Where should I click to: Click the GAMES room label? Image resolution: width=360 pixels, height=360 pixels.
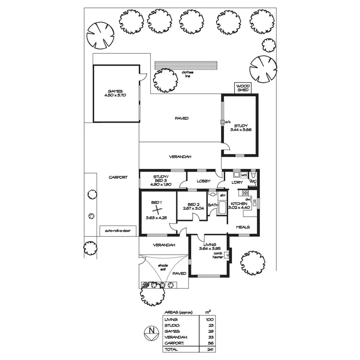115,91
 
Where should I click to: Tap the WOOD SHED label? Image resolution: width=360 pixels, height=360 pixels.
243,88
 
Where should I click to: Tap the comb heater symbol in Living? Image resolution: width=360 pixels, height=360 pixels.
228,255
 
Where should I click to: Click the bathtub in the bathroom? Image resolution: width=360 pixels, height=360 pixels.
223,207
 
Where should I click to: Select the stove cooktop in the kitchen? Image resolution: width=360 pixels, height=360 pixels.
245,193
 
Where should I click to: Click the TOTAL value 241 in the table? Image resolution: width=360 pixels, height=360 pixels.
209,350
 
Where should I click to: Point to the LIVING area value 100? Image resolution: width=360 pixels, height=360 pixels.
209,320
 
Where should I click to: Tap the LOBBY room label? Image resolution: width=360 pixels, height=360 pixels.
203,181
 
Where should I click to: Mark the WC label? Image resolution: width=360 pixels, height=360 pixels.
253,181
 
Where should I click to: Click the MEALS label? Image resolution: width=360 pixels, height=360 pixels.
243,227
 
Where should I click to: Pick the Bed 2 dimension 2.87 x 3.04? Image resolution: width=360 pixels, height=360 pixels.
193,208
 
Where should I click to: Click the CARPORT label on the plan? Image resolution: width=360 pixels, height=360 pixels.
118,177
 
